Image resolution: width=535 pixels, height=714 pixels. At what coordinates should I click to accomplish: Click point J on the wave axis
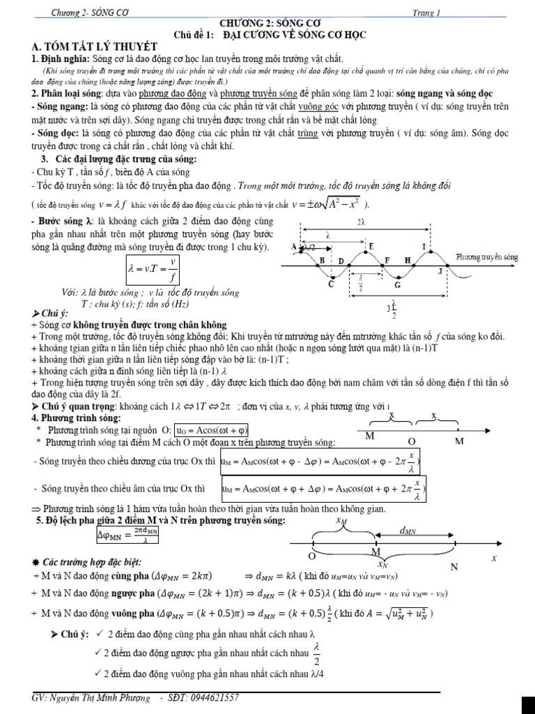pos(440,269)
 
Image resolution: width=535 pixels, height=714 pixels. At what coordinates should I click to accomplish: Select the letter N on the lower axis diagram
pos(453,567)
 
